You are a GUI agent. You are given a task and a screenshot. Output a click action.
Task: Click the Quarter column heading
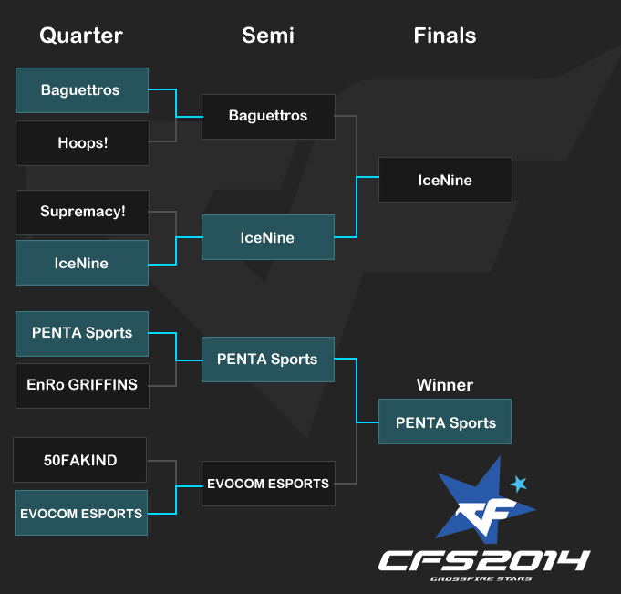pos(81,36)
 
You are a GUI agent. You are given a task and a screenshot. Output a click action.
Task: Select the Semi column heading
pos(268,36)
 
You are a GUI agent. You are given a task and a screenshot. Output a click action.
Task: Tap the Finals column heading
pos(445,36)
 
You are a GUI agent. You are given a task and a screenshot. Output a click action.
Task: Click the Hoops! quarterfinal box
pos(82,143)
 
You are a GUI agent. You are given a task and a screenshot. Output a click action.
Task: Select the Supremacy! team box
pos(82,213)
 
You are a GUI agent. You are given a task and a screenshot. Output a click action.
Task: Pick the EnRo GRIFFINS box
pos(82,386)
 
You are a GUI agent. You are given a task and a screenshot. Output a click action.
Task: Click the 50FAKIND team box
pos(80,460)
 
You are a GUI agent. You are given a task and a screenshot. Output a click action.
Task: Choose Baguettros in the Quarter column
pos(82,90)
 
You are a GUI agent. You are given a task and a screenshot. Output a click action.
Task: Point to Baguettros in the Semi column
pos(268,117)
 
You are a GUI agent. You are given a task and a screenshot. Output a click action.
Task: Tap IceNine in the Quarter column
pos(82,263)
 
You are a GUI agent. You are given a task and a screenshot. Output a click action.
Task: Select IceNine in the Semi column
pos(268,237)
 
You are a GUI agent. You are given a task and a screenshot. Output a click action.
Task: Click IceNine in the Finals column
pos(445,180)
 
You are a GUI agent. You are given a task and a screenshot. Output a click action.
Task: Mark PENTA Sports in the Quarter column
pos(82,334)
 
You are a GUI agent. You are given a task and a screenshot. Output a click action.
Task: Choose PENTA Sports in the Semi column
pos(268,360)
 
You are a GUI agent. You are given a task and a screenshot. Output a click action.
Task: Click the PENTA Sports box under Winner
pos(445,422)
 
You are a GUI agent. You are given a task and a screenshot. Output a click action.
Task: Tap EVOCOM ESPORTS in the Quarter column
pos(81,513)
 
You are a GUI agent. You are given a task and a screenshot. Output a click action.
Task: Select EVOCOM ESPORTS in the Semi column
pos(268,484)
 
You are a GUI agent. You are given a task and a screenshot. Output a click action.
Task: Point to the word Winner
pos(445,385)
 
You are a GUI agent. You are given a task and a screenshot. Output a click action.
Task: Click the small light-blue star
pos(519,484)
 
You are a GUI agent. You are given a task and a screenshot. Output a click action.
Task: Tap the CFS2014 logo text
pos(484,561)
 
